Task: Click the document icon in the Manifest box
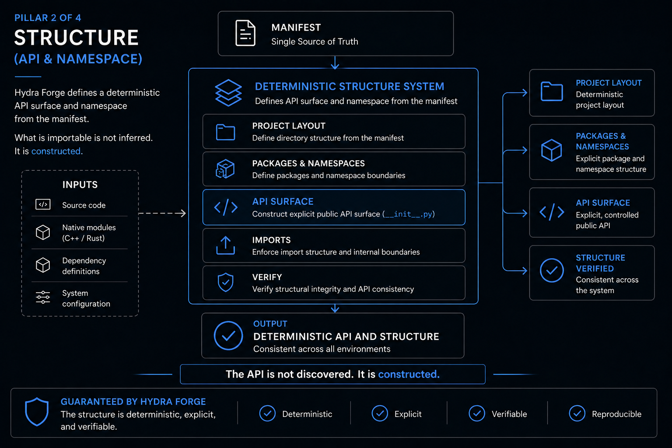point(245,33)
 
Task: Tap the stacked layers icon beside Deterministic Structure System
point(228,93)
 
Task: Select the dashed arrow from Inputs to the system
point(162,213)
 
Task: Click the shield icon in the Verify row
point(226,282)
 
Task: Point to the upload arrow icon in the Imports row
point(226,245)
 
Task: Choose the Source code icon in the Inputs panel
point(43,205)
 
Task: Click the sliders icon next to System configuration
point(43,297)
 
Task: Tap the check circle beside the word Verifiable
point(477,413)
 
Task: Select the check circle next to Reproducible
point(577,413)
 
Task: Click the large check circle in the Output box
point(228,336)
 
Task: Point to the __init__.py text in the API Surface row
point(409,214)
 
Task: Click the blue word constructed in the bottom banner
point(409,374)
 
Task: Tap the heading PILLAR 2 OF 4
point(48,17)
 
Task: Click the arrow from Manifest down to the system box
point(335,63)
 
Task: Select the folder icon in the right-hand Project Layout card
point(551,91)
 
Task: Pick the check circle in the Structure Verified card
point(552,270)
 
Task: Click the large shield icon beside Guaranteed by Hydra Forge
point(37,412)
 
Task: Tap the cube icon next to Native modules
point(43,232)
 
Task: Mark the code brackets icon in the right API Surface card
point(552,212)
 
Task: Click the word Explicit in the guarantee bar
point(408,414)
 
